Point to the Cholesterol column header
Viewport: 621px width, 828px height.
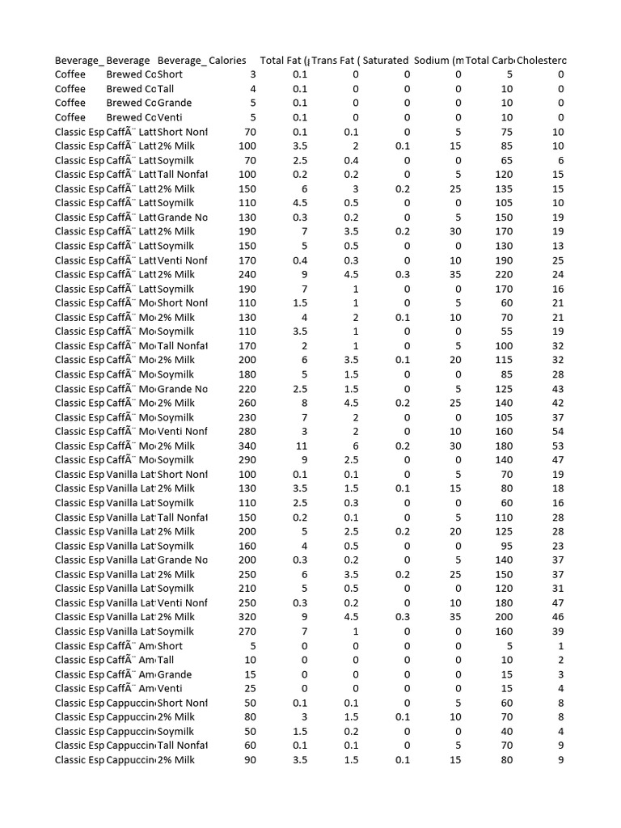(x=542, y=61)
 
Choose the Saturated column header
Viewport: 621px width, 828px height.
(x=386, y=61)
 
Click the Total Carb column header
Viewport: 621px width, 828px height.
(x=491, y=61)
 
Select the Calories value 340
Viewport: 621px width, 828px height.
(x=246, y=446)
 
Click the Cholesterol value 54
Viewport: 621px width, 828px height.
(x=558, y=432)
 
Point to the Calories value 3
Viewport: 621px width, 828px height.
(x=253, y=74)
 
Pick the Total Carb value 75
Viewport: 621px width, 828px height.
(x=506, y=132)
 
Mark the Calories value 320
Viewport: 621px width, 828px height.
(x=246, y=617)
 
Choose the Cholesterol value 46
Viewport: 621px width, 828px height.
(x=558, y=617)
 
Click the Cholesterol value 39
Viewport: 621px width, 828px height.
(x=558, y=632)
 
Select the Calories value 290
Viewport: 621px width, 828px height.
(x=246, y=460)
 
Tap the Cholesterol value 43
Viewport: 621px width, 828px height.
(x=558, y=389)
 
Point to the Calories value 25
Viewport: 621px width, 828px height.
(x=250, y=688)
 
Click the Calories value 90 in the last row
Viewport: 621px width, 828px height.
(x=250, y=760)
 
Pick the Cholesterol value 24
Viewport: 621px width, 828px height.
(x=558, y=274)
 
